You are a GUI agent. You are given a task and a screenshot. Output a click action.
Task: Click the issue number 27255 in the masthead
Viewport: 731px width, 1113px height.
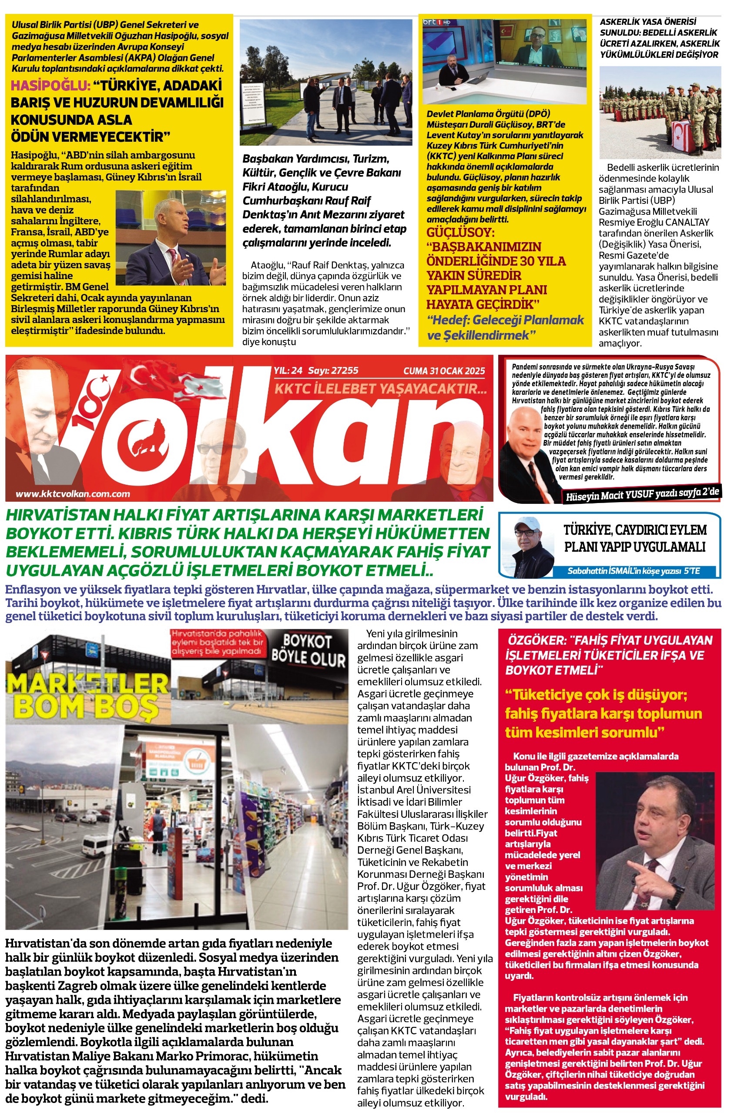click(345, 371)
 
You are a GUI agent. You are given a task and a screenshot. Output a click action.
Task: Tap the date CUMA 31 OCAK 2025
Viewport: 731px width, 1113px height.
click(444, 371)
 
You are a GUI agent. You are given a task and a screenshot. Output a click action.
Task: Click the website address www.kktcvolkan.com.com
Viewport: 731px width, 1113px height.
click(73, 494)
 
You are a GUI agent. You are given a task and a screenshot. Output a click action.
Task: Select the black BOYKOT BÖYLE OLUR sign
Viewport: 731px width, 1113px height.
click(308, 650)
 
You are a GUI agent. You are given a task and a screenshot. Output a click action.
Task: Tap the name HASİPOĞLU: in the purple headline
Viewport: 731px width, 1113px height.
click(50, 86)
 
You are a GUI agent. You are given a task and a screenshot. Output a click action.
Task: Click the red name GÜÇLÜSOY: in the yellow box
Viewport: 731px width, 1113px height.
click(460, 233)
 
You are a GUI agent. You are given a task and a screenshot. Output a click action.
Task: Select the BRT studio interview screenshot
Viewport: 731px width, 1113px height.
click(504, 61)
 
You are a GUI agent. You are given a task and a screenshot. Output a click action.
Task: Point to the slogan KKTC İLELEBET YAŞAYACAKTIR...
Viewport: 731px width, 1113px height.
click(380, 388)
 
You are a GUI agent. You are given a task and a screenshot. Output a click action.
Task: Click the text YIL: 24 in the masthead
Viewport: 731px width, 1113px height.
click(288, 371)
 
